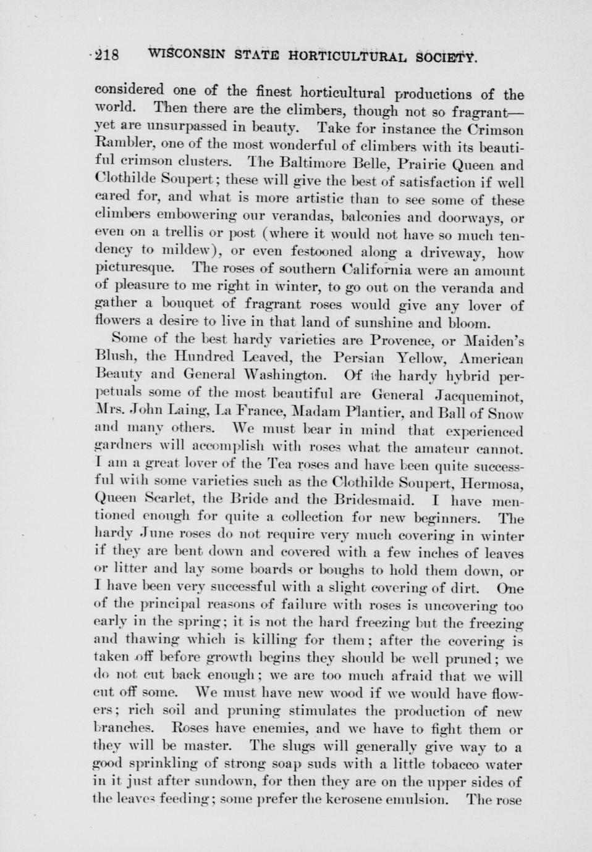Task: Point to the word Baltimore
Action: click(x=316, y=165)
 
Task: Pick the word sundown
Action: click(x=205, y=782)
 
